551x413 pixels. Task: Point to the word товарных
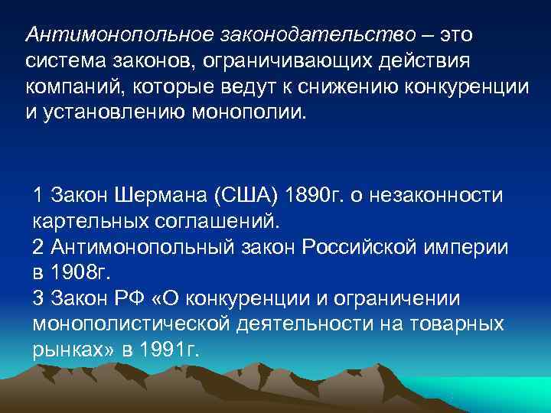pos(458,325)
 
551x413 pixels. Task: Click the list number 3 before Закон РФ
pos(38,299)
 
